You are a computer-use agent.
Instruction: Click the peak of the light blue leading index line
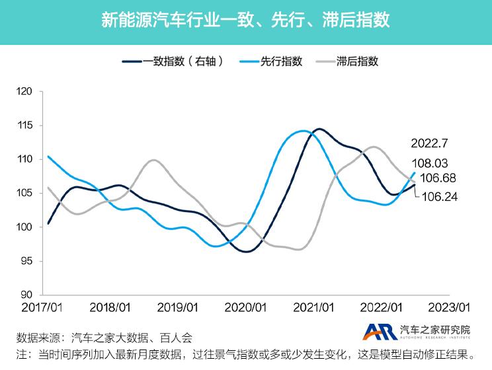pos(302,131)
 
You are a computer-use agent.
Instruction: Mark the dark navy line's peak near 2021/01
pos(319,129)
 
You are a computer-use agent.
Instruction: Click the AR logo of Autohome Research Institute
pos(379,331)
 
